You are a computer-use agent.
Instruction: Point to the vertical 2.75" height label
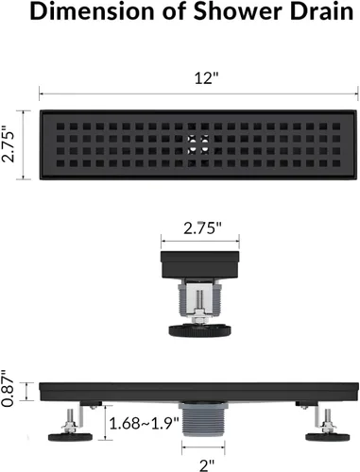10,145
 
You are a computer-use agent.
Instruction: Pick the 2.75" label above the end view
202,227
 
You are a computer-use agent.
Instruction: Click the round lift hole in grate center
197,144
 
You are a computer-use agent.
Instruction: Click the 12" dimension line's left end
41,93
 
